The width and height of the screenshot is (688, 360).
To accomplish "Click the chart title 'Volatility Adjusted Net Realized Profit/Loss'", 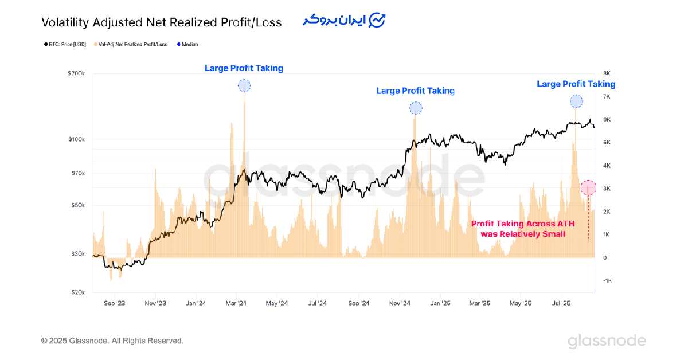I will pos(161,22).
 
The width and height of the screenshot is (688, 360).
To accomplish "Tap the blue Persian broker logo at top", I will pos(345,20).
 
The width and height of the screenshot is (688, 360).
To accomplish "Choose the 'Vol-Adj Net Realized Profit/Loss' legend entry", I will pos(131,44).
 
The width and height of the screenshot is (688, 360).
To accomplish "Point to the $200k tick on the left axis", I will pos(76,73).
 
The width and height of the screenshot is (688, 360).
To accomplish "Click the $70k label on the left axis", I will pos(77,173).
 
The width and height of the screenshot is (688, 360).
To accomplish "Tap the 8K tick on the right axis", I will pos(607,73).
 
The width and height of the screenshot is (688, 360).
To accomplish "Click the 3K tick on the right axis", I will pos(607,189).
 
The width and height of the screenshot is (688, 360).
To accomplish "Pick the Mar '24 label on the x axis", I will pos(236,303).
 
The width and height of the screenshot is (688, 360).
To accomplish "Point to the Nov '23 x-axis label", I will pos(155,303).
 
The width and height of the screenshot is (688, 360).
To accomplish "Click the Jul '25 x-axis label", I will pos(560,303).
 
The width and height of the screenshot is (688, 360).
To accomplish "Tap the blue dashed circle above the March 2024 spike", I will pos(244,86).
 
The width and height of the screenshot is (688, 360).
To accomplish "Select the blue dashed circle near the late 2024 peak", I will pos(416,108).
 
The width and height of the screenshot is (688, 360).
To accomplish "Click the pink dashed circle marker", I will pos(588,187).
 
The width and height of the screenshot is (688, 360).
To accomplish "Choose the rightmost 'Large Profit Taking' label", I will pos(576,84).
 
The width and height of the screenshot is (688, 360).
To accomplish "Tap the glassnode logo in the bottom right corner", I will pos(607,341).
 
